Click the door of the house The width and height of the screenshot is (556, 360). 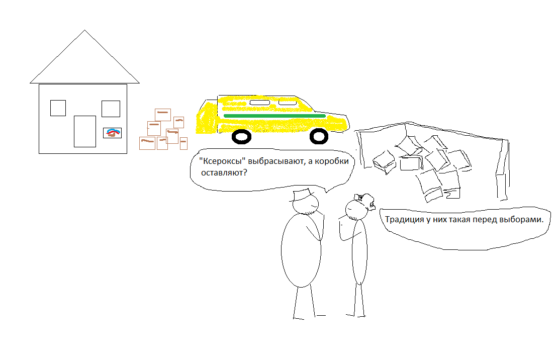pyautogui.click(x=85, y=131)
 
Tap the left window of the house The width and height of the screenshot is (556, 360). pyautogui.click(x=58, y=108)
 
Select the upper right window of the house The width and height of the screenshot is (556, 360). pyautogui.click(x=111, y=109)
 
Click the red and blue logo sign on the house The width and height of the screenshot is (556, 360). pyautogui.click(x=113, y=133)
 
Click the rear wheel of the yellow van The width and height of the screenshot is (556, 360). pyautogui.click(x=241, y=137)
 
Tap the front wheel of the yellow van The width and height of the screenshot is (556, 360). pyautogui.click(x=319, y=137)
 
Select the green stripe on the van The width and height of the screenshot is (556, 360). pyautogui.click(x=274, y=116)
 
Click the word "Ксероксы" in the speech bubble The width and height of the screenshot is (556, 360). pyautogui.click(x=223, y=161)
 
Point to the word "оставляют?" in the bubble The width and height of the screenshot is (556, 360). pyautogui.click(x=224, y=173)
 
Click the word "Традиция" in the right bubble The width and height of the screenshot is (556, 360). pyautogui.click(x=405, y=220)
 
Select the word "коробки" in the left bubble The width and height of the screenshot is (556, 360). pyautogui.click(x=332, y=161)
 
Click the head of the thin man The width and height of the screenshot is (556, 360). pyautogui.click(x=357, y=210)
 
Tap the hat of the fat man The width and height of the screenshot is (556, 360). pyautogui.click(x=302, y=195)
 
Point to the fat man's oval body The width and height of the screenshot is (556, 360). pyautogui.click(x=301, y=250)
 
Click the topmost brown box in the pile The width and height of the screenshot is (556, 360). pyautogui.click(x=163, y=115)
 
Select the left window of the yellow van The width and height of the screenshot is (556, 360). pyautogui.click(x=260, y=103)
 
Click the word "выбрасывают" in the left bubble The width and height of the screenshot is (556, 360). pyautogui.click(x=276, y=161)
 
